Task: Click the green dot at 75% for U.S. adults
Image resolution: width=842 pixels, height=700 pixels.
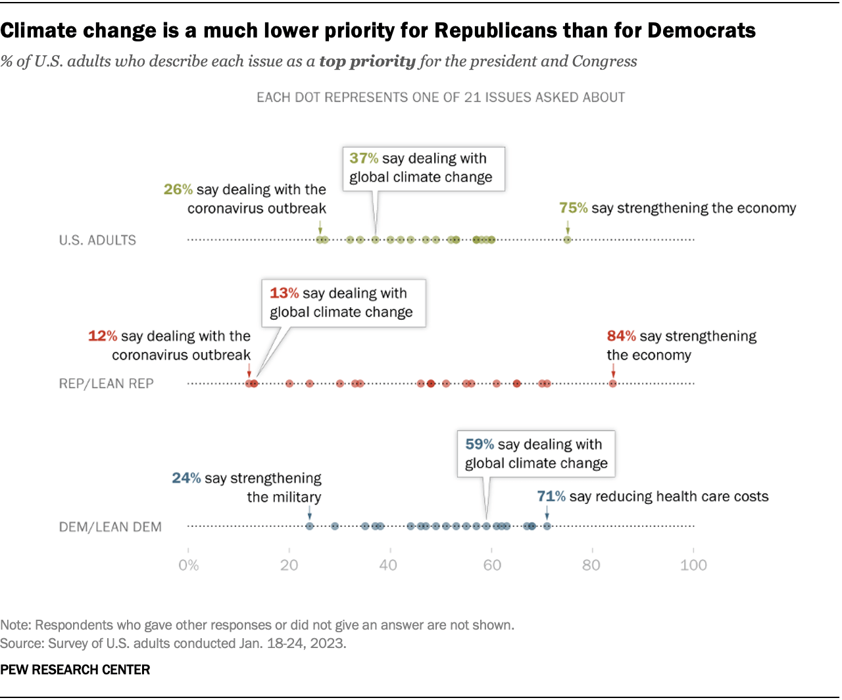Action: (567, 239)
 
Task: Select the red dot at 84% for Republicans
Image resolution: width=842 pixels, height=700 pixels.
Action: (612, 384)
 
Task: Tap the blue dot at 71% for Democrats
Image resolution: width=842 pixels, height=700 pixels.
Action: (547, 526)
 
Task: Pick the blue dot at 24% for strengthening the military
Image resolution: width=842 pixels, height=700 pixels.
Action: (310, 526)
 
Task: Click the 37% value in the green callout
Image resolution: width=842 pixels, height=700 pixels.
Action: (364, 159)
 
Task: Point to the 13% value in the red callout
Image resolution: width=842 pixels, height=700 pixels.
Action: (284, 293)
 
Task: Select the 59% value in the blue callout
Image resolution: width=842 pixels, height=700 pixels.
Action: (480, 445)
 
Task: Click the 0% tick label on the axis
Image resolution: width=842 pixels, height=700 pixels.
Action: (188, 565)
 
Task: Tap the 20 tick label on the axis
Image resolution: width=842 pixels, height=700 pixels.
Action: (289, 565)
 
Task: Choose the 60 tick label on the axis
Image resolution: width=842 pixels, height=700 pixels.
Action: (491, 565)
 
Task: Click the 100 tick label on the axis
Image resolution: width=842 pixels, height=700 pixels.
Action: (693, 565)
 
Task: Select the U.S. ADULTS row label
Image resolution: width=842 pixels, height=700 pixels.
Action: (97, 240)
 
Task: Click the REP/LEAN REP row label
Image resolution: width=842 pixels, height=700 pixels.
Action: (107, 384)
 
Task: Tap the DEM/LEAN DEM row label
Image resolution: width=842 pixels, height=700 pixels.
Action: (111, 527)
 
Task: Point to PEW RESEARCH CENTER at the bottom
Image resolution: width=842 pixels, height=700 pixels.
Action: (75, 670)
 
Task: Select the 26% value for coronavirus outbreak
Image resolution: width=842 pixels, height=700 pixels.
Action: (178, 189)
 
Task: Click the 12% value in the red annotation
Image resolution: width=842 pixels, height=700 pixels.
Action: (103, 336)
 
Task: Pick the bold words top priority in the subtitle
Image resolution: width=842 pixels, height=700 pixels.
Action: (367, 61)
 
